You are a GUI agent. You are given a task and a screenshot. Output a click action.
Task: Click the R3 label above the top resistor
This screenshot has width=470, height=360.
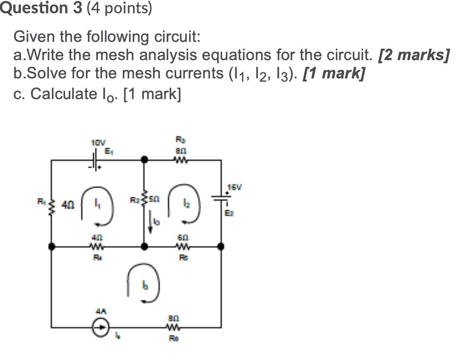[179, 139]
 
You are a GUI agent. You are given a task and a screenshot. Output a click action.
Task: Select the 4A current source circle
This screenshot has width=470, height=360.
[101, 327]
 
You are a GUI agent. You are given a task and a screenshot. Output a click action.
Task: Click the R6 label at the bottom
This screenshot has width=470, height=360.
[174, 337]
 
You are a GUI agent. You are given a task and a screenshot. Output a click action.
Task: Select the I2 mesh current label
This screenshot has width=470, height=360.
[186, 204]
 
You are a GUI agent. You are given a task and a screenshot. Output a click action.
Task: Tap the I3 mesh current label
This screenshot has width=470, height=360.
[145, 286]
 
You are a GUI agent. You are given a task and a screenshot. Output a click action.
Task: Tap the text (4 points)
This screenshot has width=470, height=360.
[119, 8]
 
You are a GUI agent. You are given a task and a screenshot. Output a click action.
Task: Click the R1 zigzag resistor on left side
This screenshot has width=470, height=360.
[51, 204]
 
